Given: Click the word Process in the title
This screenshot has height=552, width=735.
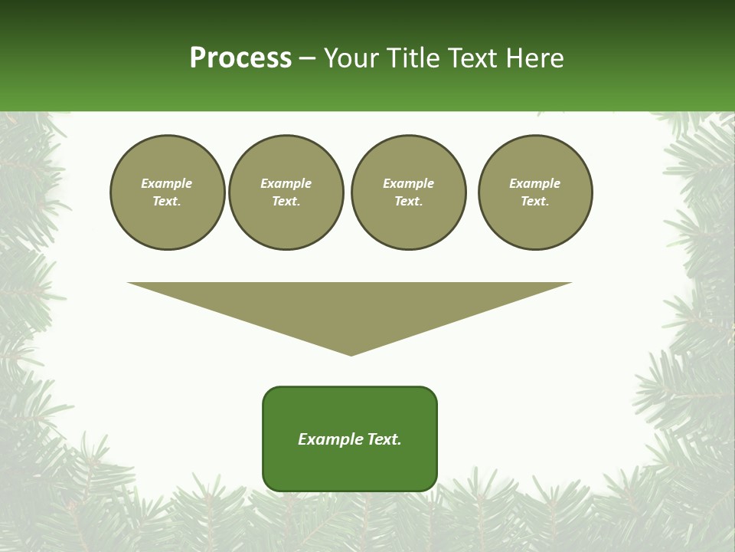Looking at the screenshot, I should click(x=240, y=58).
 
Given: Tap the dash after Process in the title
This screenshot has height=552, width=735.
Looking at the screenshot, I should click(x=307, y=59).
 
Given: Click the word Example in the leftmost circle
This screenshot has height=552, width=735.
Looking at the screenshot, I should click(x=167, y=183).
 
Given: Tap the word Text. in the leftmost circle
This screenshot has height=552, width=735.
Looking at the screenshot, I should click(x=167, y=201).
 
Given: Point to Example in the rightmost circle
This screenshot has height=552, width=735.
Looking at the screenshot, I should click(x=535, y=183).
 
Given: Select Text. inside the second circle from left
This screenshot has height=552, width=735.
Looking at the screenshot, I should click(x=286, y=201).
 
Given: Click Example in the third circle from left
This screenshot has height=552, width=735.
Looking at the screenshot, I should click(x=409, y=183).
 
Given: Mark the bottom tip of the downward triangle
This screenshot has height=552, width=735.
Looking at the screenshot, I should click(x=351, y=354).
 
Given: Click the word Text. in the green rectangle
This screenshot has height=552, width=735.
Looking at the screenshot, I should click(x=384, y=439).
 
